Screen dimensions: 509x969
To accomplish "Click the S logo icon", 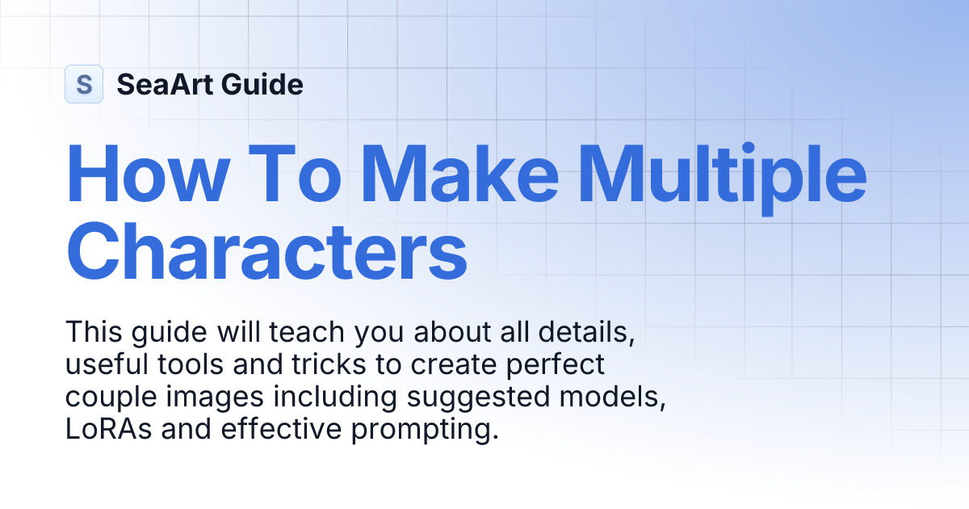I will pos(83,84).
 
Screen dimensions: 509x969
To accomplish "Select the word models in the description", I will pos(622,398).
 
